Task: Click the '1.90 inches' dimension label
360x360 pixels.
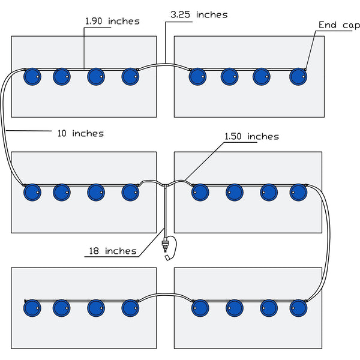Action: click(x=112, y=22)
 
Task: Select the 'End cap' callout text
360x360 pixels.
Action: click(x=339, y=25)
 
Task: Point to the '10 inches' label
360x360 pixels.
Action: click(x=80, y=133)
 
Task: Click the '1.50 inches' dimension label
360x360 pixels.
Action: click(x=251, y=137)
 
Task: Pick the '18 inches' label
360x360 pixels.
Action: click(x=112, y=251)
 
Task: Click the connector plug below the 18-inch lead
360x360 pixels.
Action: click(x=165, y=246)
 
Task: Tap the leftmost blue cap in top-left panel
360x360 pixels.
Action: click(x=31, y=77)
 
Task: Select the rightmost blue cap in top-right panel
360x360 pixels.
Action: click(x=298, y=77)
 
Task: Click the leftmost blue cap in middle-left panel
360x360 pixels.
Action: click(x=31, y=192)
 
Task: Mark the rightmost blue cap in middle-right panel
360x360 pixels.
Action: click(x=298, y=192)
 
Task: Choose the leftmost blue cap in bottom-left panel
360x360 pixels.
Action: click(x=31, y=308)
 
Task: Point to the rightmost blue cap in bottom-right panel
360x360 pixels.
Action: click(x=298, y=308)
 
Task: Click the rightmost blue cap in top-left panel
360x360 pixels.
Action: click(x=130, y=77)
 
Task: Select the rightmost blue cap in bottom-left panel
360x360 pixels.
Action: click(x=130, y=308)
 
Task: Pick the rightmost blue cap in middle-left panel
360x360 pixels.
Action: click(x=130, y=192)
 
